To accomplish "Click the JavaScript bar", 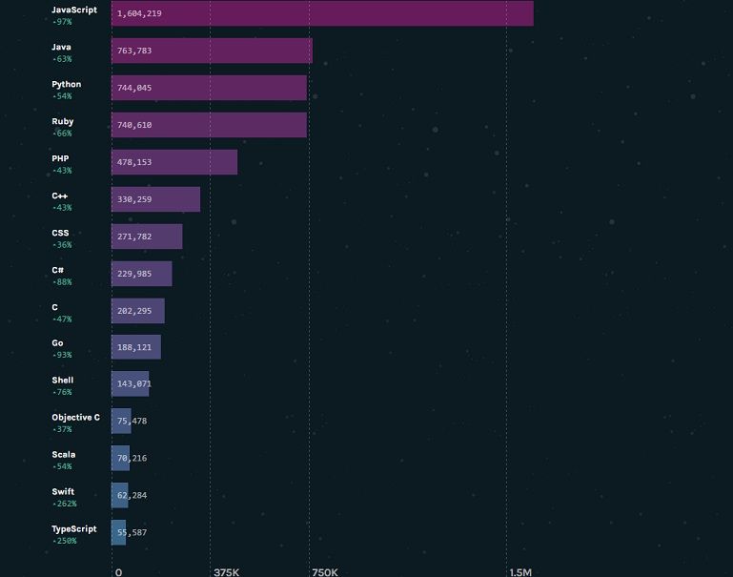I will (322, 13).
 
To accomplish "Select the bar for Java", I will (212, 51).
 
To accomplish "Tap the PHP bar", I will (174, 162).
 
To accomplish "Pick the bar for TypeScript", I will (119, 532).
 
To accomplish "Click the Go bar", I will (136, 347).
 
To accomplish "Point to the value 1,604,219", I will (139, 14).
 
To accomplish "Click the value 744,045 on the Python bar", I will (134, 88).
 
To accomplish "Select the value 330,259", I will (134, 199).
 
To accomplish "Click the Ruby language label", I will (63, 121).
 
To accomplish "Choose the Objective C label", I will (75, 418).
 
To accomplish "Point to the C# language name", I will (58, 270).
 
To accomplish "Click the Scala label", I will (64, 455).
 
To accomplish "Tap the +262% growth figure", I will (65, 504).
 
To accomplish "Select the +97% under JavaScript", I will (62, 22).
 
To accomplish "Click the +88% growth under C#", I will (62, 282).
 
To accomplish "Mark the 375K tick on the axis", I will (227, 572).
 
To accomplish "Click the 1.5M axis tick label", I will (520, 572).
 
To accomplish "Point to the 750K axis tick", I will (325, 572).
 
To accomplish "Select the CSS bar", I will (147, 237).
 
